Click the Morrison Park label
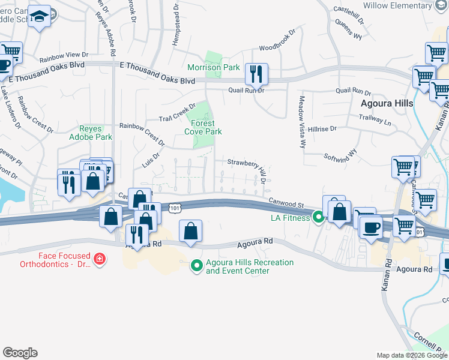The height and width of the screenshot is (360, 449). [214, 67]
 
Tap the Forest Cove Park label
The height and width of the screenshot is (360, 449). [203, 127]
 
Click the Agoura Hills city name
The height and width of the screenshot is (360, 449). [387, 103]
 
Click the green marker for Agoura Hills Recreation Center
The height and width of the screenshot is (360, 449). [196, 264]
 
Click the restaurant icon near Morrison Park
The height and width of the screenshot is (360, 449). [256, 74]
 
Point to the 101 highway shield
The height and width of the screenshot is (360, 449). [174, 208]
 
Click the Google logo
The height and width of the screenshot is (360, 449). [20, 353]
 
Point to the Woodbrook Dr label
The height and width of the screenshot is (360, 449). [277, 42]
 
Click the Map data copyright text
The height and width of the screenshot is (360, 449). [412, 355]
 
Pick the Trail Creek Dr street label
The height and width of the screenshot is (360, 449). [177, 112]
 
